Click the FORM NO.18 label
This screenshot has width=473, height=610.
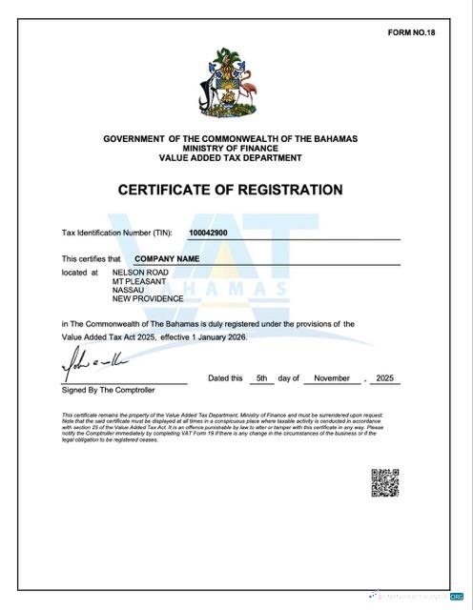point(411,32)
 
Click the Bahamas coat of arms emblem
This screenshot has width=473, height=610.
point(230,85)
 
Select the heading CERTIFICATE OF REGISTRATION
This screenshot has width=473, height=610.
point(230,190)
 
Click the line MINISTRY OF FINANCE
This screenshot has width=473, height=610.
point(230,149)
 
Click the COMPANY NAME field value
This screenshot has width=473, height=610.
point(167,258)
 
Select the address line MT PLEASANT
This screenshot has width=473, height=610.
point(139,281)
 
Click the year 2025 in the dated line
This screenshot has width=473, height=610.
point(384,378)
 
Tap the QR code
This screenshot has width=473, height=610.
point(384,483)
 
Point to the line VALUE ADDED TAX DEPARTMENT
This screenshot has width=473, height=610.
point(230,157)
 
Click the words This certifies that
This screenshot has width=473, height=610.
point(92,258)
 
